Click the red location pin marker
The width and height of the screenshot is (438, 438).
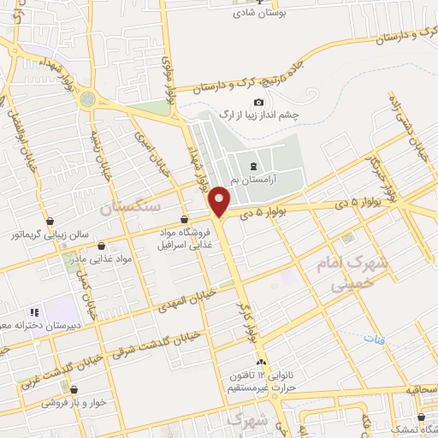220,202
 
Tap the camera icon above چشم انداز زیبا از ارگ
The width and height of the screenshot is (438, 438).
259,104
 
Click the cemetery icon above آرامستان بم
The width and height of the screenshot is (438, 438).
253,165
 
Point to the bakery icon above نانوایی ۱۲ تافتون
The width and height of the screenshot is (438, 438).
261,364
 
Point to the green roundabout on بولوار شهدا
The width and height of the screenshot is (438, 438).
87,98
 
